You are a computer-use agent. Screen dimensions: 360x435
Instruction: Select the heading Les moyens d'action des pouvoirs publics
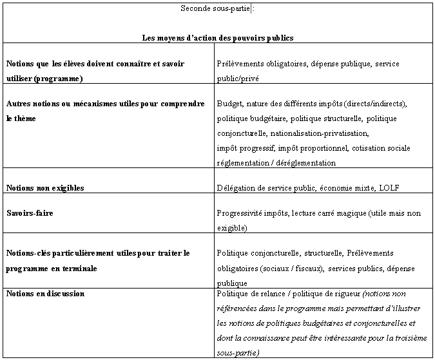point(218,38)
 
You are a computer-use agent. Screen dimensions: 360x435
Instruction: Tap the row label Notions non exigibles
point(45,188)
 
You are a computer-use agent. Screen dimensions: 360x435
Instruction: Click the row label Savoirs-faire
point(30,213)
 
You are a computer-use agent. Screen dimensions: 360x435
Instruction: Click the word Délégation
point(236,188)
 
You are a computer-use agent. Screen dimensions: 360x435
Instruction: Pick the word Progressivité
point(240,213)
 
